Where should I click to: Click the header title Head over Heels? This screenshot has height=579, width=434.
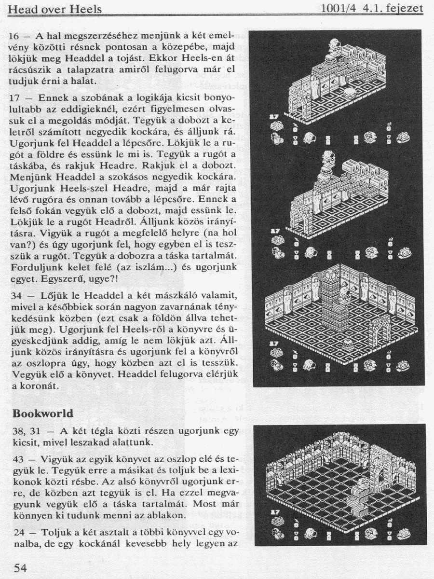tap(55, 9)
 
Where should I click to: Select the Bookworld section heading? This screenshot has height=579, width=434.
tap(43, 414)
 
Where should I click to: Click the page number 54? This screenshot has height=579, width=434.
tap(20, 567)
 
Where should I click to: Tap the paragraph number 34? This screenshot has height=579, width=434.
tap(16, 295)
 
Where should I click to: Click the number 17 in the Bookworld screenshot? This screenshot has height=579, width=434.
tap(275, 512)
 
